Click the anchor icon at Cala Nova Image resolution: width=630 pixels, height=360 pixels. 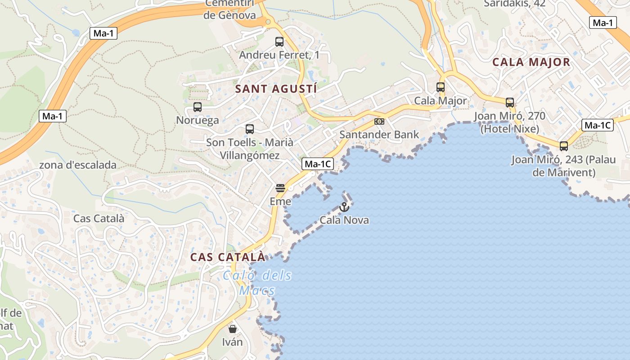[344, 207]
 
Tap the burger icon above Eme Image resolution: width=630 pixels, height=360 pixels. [280, 188]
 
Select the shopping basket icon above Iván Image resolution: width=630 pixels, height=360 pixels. [232, 329]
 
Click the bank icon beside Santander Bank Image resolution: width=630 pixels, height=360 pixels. [379, 121]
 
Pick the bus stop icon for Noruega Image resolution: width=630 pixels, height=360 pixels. [198, 107]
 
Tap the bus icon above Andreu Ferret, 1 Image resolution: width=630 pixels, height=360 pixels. [279, 42]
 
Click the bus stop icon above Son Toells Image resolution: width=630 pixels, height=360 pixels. [250, 129]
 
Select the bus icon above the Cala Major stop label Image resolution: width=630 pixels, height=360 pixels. [441, 87]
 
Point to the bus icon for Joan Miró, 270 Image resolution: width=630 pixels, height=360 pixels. [510, 103]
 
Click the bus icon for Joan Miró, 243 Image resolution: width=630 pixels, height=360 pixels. [564, 146]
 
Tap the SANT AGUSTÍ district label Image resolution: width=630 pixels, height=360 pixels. [276, 89]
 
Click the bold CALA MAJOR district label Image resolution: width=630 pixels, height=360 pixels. [531, 62]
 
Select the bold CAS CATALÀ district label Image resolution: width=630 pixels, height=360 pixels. [228, 257]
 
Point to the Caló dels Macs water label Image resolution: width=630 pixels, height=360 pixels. [257, 282]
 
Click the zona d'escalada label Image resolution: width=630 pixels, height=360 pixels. [78, 165]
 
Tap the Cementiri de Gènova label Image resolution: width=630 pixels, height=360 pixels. [229, 9]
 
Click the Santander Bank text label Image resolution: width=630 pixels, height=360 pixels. [379, 135]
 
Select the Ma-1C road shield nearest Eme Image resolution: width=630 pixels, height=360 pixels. [318, 164]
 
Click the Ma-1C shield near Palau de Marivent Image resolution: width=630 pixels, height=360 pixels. [598, 125]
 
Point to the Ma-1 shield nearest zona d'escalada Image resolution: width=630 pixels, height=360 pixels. [53, 116]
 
